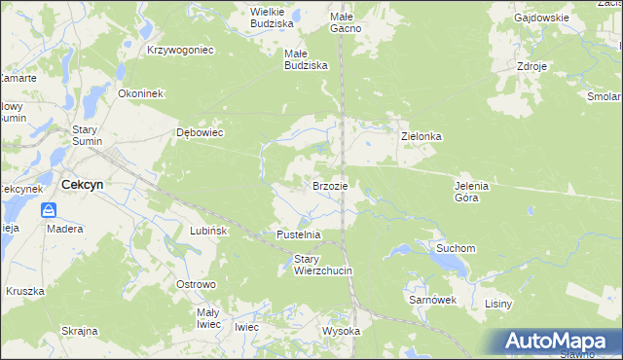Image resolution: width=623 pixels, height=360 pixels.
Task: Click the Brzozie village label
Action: (330, 185)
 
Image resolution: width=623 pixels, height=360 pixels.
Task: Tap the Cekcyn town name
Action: (83, 184)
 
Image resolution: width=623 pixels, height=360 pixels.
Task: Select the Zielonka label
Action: (421, 137)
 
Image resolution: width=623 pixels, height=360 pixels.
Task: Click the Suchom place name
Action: (455, 248)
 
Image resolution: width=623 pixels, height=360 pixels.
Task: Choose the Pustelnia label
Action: (299, 235)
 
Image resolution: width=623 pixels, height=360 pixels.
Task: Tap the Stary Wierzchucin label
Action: (322, 265)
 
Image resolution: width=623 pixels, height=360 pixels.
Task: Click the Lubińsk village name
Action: (208, 232)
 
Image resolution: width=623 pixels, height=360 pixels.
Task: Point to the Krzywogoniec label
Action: (180, 49)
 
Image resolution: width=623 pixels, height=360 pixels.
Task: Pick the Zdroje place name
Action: (533, 67)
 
